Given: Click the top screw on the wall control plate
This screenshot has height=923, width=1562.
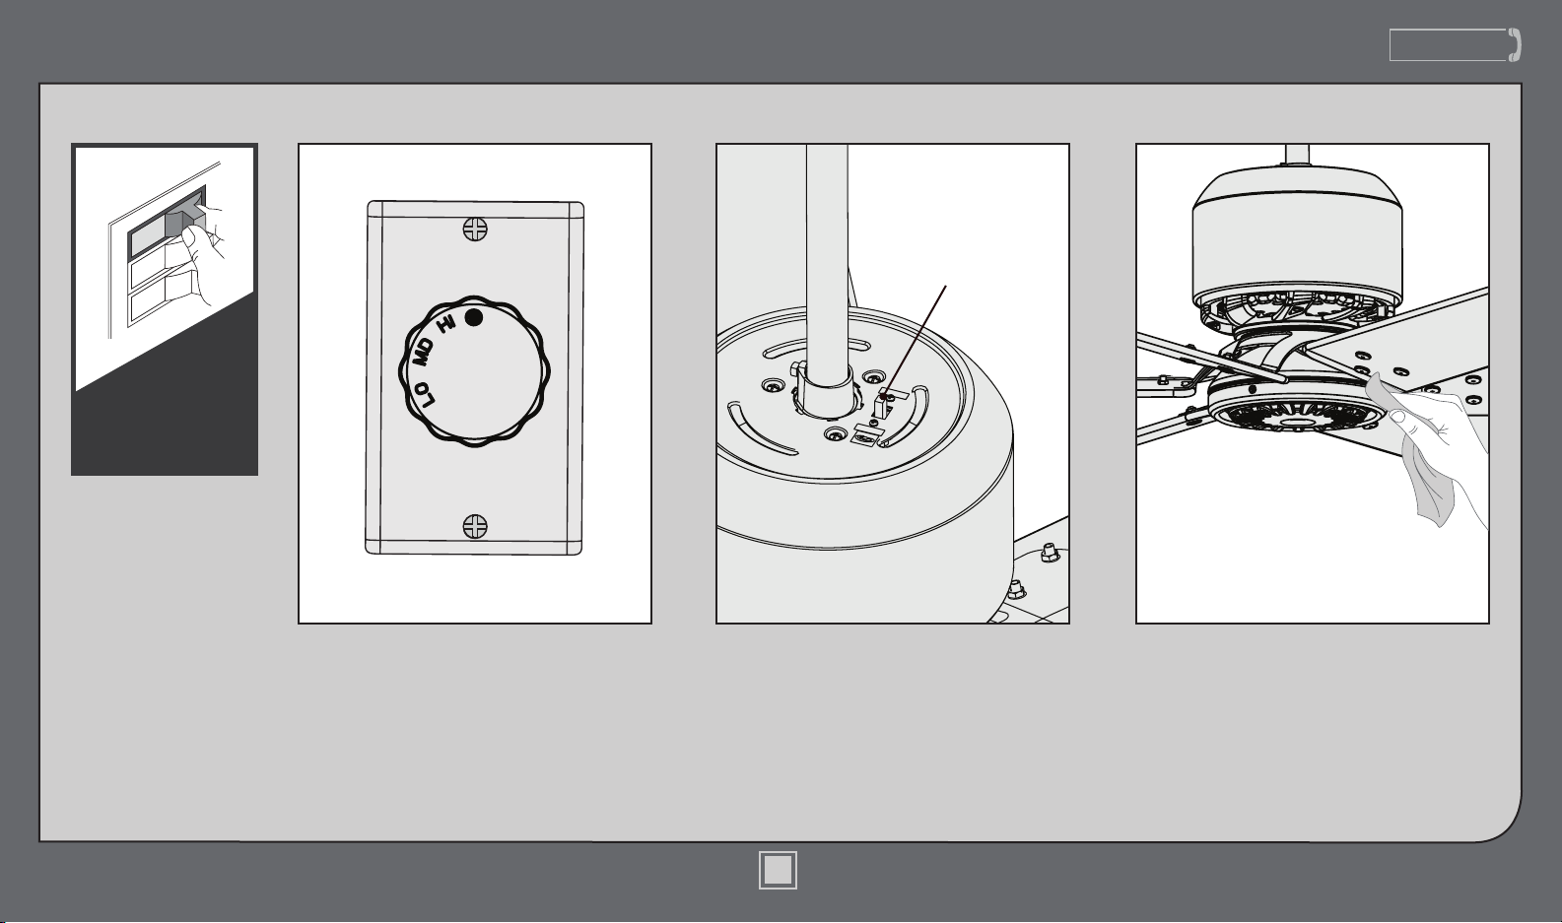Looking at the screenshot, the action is pos(475,229).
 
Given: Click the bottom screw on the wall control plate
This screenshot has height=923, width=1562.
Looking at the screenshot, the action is pos(475,526).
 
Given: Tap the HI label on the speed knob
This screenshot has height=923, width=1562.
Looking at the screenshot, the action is pos(447,323).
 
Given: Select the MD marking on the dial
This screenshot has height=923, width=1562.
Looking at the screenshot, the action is pos(425,353).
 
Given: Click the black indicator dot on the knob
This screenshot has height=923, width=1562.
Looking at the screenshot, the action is pos(473,318).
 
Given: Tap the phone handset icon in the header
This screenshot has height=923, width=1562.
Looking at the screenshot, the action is pos(1515,45).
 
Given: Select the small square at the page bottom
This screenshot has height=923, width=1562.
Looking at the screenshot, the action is pos(779,870).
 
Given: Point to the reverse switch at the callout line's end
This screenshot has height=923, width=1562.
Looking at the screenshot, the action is pos(884,404).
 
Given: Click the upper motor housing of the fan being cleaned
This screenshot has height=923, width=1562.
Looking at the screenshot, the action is pos(1297,237).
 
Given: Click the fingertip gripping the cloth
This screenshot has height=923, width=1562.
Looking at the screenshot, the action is pos(1396,417).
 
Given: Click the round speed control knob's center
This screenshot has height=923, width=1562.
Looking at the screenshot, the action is pos(474,371).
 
